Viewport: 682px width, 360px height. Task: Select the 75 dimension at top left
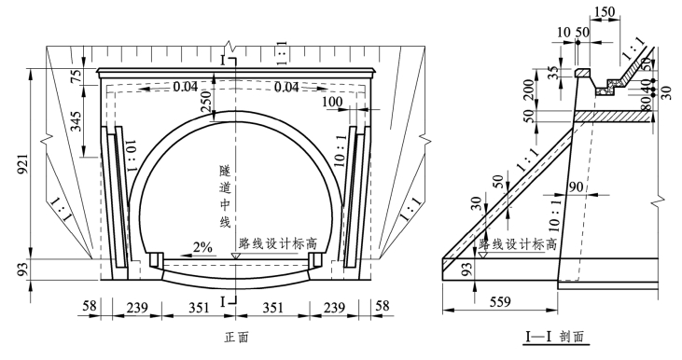tap(77, 76)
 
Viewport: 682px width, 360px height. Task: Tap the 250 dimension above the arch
tap(207, 101)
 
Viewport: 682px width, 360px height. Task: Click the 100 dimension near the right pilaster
tap(333, 103)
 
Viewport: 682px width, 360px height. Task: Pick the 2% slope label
tap(202, 247)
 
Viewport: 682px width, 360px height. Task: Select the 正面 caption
tap(237, 337)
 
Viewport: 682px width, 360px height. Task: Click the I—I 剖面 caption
tap(555, 337)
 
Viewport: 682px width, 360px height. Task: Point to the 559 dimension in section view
tap(500, 301)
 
